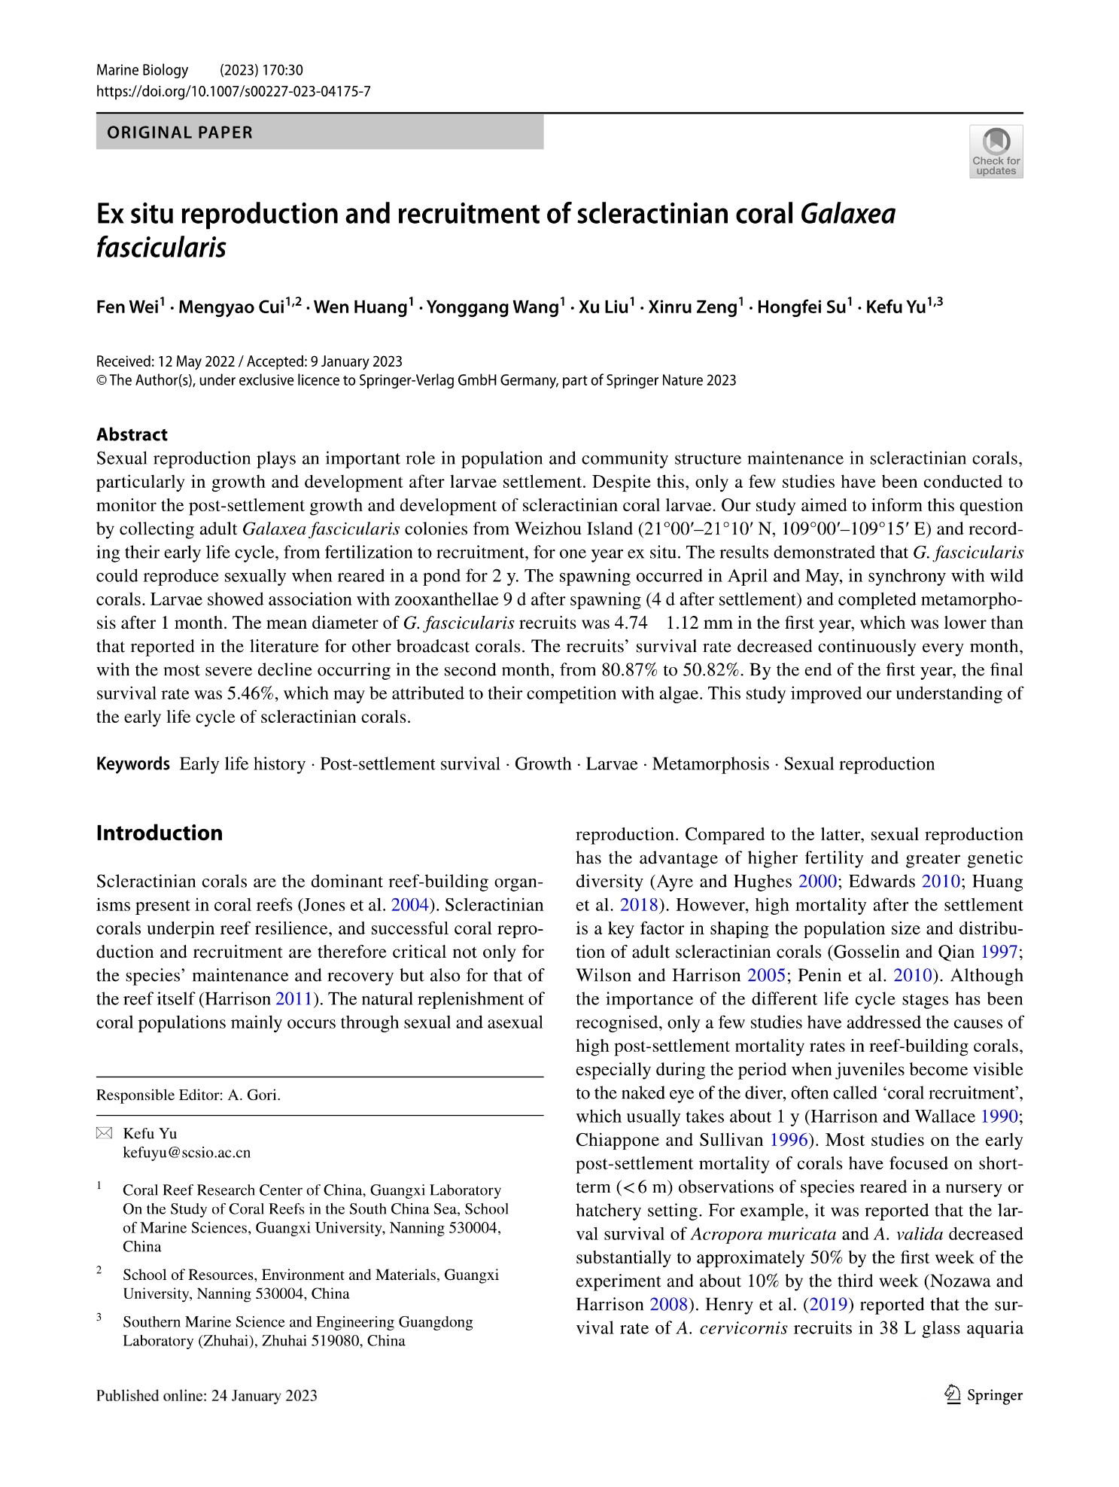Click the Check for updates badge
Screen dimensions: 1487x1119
pos(996,151)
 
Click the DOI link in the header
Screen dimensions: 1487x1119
pos(233,92)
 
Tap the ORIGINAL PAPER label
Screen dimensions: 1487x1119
pos(181,133)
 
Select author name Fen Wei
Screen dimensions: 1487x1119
pos(126,307)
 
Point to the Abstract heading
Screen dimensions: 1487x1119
pos(132,434)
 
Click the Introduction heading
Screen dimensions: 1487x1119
pos(160,833)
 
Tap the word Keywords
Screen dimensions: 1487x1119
pos(133,764)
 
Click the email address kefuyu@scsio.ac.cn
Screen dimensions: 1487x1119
pos(187,1152)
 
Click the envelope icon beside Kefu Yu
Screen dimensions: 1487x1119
pos(104,1134)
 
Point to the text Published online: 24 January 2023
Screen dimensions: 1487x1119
pos(207,1395)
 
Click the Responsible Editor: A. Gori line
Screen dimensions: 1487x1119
pos(188,1095)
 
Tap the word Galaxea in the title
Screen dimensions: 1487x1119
pos(848,215)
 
